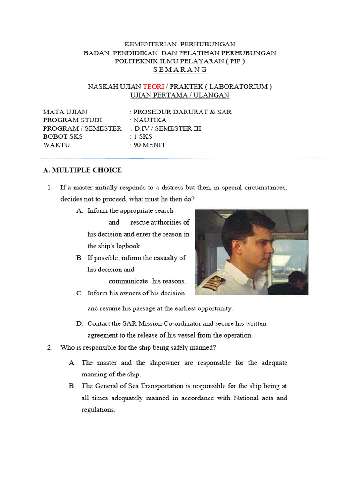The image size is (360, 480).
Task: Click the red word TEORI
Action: click(153, 86)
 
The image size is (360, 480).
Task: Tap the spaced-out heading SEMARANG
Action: click(180, 69)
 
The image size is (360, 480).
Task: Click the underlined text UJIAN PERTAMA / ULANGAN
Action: click(180, 95)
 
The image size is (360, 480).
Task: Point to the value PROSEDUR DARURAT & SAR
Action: click(182, 112)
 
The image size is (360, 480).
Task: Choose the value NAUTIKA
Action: click(150, 120)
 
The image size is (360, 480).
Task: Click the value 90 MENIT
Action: click(149, 145)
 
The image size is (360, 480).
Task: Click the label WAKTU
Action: click(56, 145)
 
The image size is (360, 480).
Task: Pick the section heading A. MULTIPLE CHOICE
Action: click(82, 170)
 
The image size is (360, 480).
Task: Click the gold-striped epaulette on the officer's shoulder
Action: click(214, 283)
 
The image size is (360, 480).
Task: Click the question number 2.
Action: click(49, 347)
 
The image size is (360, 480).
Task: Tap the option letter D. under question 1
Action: click(80, 323)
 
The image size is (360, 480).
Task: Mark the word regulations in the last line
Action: click(98, 409)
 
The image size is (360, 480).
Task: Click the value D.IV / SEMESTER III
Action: click(168, 128)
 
